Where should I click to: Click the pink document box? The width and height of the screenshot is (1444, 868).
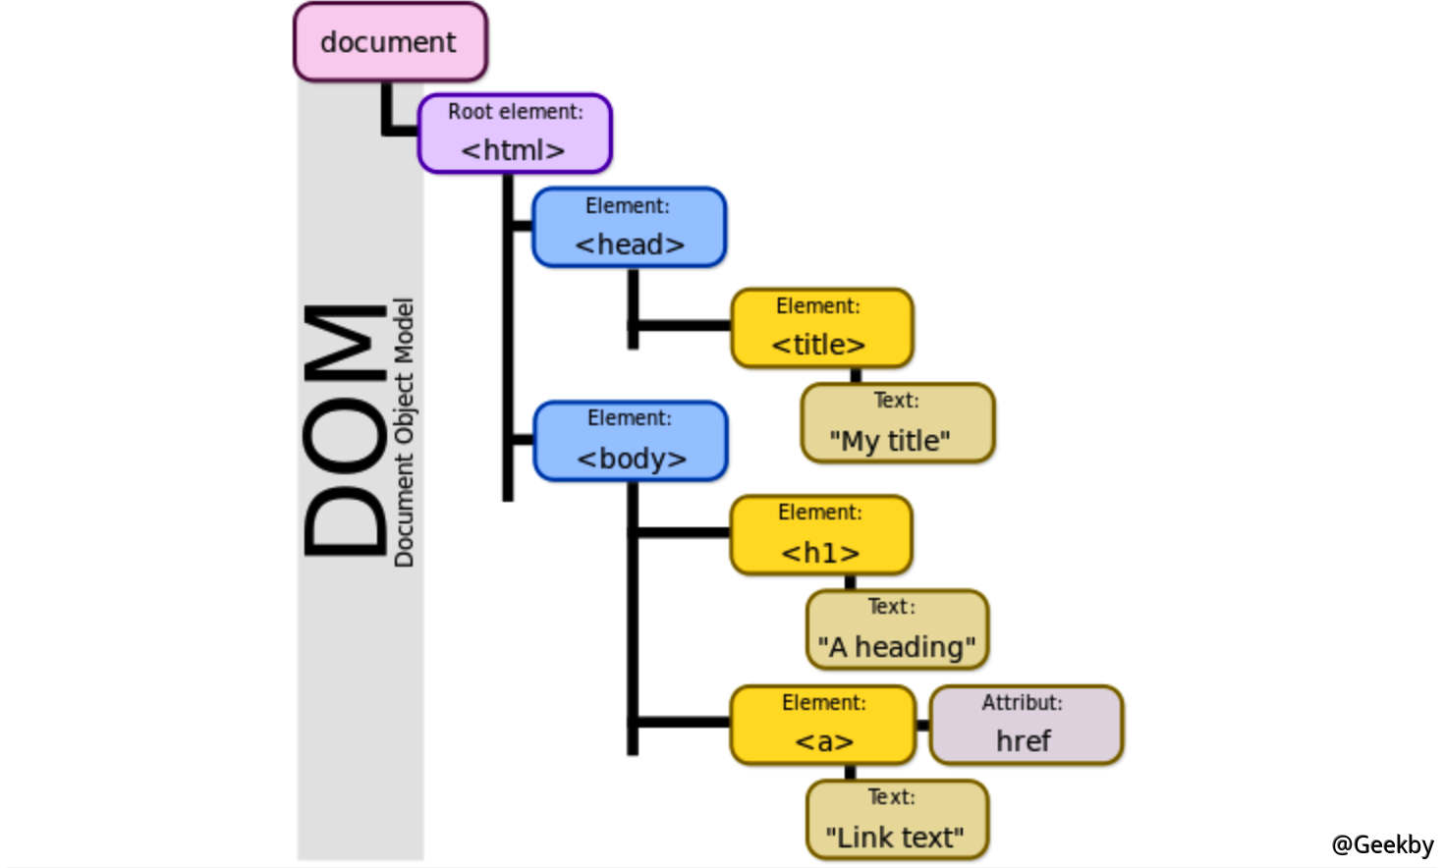point(390,42)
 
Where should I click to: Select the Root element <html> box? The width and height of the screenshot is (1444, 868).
point(515,134)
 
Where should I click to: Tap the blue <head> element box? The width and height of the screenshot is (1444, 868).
point(629,227)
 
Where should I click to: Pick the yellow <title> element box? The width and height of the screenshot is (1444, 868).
point(821,328)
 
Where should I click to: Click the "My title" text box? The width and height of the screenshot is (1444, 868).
point(897,423)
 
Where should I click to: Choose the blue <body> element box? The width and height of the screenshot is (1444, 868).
point(631,441)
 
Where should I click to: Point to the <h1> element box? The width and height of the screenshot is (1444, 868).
point(820,535)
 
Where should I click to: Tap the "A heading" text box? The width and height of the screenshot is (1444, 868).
point(897,629)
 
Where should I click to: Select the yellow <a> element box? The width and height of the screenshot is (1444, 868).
point(822,726)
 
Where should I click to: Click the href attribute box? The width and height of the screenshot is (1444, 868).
point(1025,726)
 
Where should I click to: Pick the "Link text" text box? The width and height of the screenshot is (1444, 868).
point(897,820)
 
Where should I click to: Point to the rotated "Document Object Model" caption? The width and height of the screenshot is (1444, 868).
point(404,432)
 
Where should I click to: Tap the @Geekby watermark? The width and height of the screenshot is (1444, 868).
point(1381,844)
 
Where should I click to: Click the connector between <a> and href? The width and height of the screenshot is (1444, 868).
point(922,726)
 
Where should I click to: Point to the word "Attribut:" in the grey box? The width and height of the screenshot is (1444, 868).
point(1022,703)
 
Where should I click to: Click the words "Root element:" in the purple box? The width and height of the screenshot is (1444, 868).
point(515,112)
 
